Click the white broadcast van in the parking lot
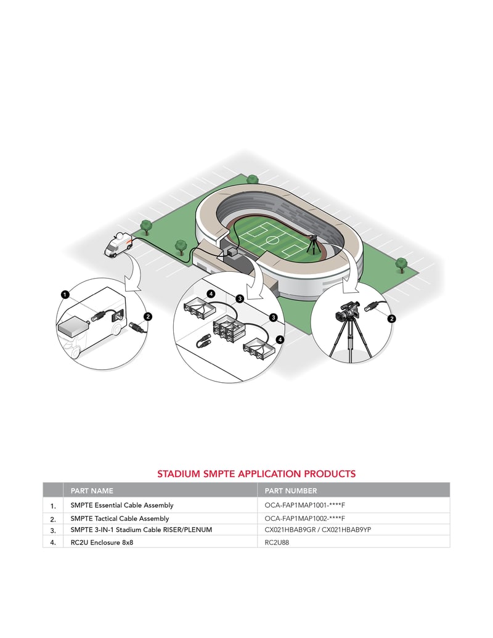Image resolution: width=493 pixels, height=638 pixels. [118, 245]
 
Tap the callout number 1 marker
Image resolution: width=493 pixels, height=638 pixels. [65, 295]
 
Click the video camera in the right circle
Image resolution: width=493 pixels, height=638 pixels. [346, 311]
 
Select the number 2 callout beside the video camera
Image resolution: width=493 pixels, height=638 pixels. [391, 319]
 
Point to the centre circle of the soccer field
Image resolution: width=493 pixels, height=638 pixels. [271, 240]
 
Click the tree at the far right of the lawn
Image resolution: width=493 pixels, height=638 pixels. [401, 264]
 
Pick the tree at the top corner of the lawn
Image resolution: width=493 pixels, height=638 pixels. [253, 179]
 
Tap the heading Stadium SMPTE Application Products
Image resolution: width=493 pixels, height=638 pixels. [256, 473]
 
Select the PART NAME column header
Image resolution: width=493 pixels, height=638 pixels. [92, 491]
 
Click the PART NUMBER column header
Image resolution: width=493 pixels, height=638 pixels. [290, 491]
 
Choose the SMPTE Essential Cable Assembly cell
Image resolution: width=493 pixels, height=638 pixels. [122, 505]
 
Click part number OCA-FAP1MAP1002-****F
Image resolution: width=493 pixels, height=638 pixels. [304, 518]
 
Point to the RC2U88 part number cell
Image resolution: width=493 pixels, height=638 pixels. [277, 542]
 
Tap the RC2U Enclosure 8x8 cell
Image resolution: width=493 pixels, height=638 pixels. [102, 542]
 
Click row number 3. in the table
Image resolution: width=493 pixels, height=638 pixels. [53, 531]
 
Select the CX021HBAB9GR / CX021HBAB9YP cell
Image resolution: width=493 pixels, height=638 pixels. [318, 530]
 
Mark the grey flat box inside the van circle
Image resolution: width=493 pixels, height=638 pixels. [73, 327]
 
